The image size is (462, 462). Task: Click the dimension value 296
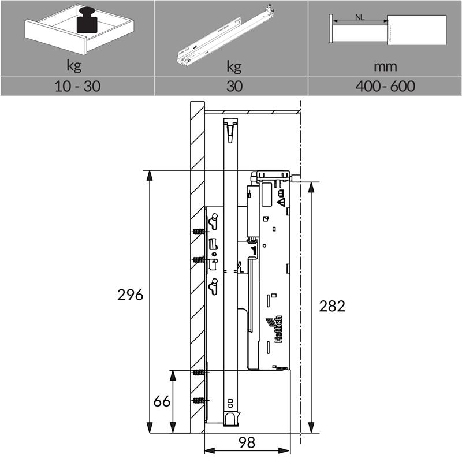(x=131, y=295)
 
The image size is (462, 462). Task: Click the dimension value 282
(x=332, y=307)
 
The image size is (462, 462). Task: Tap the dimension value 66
(x=162, y=401)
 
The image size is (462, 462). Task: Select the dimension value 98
(x=247, y=442)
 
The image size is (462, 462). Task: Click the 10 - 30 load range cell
(x=78, y=86)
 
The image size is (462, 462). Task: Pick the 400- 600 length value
(x=385, y=86)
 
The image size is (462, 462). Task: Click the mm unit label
(x=385, y=66)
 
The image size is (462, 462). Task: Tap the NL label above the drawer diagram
(x=360, y=17)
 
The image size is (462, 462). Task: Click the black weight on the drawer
(x=87, y=20)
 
